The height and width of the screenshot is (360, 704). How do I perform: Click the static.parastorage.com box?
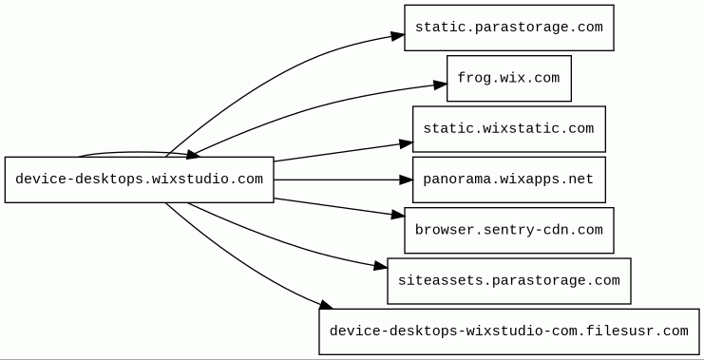click(508, 28)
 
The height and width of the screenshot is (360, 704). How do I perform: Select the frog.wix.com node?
click(508, 79)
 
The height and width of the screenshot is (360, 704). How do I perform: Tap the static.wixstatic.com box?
click(508, 129)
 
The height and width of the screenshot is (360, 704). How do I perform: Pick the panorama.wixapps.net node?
click(508, 180)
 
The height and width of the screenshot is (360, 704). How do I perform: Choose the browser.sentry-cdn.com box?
click(508, 230)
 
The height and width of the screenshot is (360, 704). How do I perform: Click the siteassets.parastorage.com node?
click(508, 281)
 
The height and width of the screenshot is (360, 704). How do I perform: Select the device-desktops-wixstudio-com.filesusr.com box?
click(509, 332)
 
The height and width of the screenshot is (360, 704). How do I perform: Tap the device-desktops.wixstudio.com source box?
click(139, 180)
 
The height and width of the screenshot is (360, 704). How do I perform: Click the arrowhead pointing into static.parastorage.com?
click(397, 36)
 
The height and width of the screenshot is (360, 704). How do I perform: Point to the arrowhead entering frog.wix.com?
click(441, 85)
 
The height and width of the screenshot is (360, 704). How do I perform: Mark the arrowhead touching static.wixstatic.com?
click(406, 143)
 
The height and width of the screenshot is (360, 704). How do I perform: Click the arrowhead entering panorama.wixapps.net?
click(406, 180)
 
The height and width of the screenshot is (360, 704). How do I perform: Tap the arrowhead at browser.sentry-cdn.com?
click(398, 215)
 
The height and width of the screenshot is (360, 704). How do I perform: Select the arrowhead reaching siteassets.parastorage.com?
click(380, 266)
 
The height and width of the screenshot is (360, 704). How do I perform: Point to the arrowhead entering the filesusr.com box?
click(327, 305)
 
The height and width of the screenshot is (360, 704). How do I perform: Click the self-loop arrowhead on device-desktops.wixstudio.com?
click(193, 155)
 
